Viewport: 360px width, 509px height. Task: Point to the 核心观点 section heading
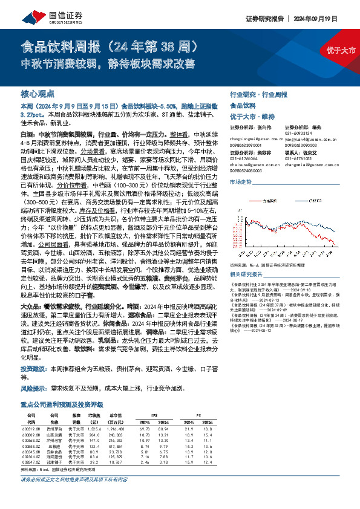click(38, 94)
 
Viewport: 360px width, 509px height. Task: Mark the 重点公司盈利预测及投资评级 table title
click(62, 404)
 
